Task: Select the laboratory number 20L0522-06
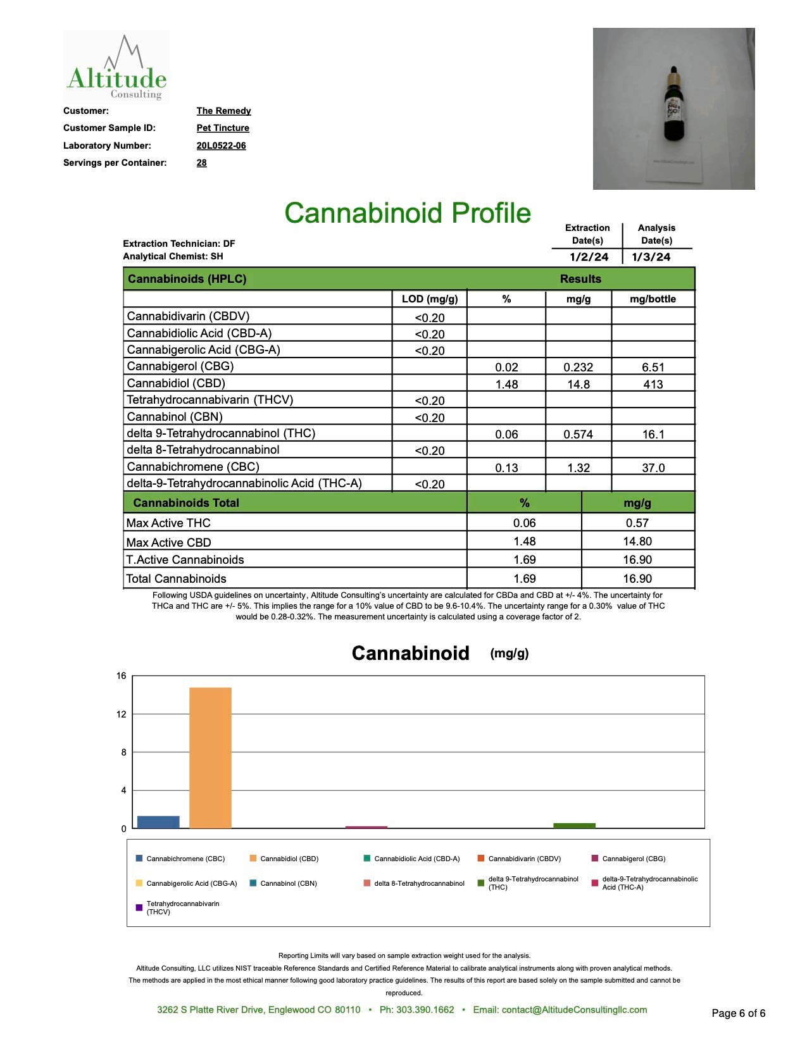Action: (x=221, y=146)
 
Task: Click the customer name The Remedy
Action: (x=223, y=111)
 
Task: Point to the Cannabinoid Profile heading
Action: (x=407, y=213)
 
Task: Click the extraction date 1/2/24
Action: (x=589, y=257)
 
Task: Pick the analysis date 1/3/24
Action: (x=651, y=257)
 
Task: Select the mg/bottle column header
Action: (x=653, y=299)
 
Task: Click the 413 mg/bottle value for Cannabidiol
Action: (x=653, y=384)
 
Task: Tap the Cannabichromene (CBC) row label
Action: (x=193, y=467)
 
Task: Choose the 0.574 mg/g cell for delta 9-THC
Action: (x=578, y=434)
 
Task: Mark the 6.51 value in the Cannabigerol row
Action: (x=653, y=367)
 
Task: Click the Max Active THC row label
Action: (x=168, y=523)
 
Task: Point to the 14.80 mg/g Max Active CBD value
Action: (x=637, y=542)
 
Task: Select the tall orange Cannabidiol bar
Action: (x=210, y=757)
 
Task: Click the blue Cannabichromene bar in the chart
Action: (x=158, y=822)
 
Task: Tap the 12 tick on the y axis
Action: (x=121, y=714)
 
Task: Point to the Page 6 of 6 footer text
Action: (x=738, y=1013)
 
